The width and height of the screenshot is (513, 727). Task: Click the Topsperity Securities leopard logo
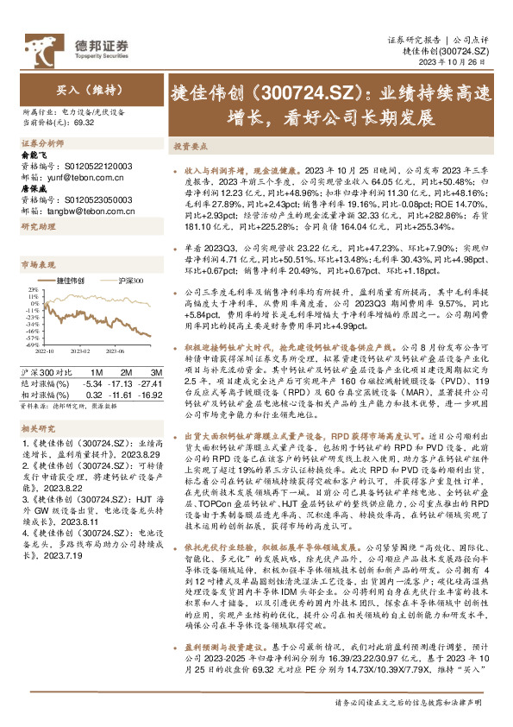pos(44,45)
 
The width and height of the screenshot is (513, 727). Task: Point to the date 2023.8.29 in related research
pos(117,453)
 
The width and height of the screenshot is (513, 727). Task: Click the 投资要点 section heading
pos(189,148)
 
